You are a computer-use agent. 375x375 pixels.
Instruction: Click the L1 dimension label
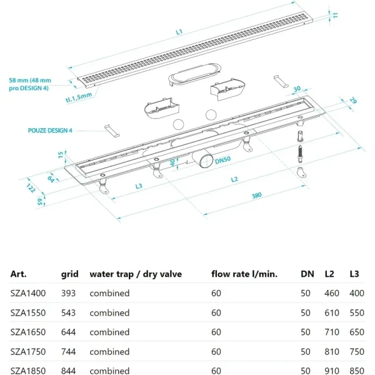(x=179, y=32)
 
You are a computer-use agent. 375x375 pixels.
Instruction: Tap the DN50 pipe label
(x=222, y=160)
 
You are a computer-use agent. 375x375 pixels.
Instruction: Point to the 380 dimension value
(x=257, y=196)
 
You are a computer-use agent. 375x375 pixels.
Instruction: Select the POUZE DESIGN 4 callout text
(x=50, y=131)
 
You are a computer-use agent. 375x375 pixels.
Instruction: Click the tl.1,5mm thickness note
(x=79, y=97)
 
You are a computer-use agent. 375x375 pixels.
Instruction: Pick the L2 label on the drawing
(x=234, y=179)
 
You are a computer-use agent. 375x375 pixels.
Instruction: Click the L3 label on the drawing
(x=139, y=186)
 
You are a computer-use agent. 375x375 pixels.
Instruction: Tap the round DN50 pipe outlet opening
(x=206, y=161)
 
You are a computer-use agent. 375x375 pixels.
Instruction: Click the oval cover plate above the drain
(x=194, y=74)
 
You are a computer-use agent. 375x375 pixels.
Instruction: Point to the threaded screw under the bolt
(x=301, y=154)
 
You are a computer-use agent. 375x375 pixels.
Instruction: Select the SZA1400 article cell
(x=28, y=293)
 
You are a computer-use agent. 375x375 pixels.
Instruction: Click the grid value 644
(x=68, y=332)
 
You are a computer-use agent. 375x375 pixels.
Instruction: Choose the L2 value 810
(x=332, y=352)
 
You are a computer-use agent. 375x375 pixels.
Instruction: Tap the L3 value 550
(x=357, y=313)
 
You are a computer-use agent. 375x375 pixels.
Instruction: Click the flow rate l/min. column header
(x=244, y=274)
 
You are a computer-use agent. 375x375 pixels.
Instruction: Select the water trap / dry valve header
(x=136, y=274)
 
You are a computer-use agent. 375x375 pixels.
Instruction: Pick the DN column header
(x=307, y=274)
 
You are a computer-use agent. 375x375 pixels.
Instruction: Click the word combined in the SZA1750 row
(x=109, y=352)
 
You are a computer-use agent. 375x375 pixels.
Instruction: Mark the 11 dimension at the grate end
(x=336, y=15)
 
